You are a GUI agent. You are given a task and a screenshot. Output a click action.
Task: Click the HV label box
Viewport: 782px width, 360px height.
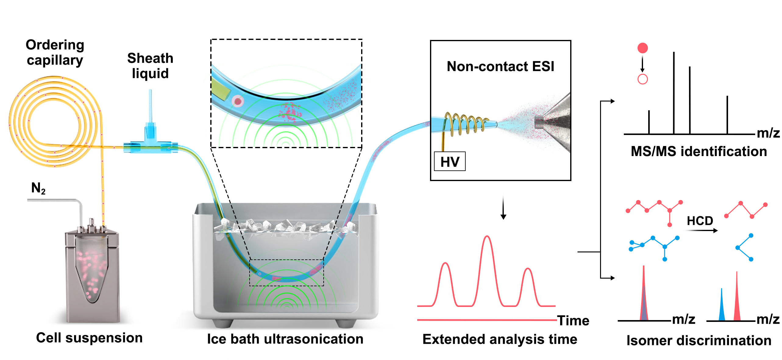coord(450,161)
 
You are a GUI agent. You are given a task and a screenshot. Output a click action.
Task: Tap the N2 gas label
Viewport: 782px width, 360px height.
coord(38,188)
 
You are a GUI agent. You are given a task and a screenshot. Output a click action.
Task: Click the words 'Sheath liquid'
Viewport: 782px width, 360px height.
coord(150,66)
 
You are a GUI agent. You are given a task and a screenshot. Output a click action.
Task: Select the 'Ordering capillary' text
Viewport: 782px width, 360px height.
coord(55,52)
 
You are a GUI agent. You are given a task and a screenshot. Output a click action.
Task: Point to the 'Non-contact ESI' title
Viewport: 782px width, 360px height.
coord(500,66)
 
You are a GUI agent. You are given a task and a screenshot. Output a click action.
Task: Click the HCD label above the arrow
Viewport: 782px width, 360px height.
coord(700,220)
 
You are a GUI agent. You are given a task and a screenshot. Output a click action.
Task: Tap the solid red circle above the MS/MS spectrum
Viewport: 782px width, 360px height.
coord(643,48)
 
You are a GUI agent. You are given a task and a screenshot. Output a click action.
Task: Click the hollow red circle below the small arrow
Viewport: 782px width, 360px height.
coord(643,79)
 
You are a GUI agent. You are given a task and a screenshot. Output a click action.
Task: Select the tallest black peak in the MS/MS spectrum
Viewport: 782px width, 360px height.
coord(674,93)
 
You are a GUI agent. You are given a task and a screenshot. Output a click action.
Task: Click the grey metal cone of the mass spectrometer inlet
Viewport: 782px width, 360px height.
coord(553,122)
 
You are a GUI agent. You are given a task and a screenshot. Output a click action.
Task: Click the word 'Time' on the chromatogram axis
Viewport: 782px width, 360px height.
coord(573,321)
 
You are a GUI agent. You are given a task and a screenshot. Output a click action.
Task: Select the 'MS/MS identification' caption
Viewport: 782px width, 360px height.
coord(699,151)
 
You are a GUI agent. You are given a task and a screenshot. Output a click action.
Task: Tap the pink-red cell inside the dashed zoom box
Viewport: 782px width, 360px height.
coord(238,101)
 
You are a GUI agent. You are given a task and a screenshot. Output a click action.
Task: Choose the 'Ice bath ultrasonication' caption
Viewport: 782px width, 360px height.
coord(285,339)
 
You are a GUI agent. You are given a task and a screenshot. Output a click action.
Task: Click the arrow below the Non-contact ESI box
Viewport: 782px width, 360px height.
coord(503,207)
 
